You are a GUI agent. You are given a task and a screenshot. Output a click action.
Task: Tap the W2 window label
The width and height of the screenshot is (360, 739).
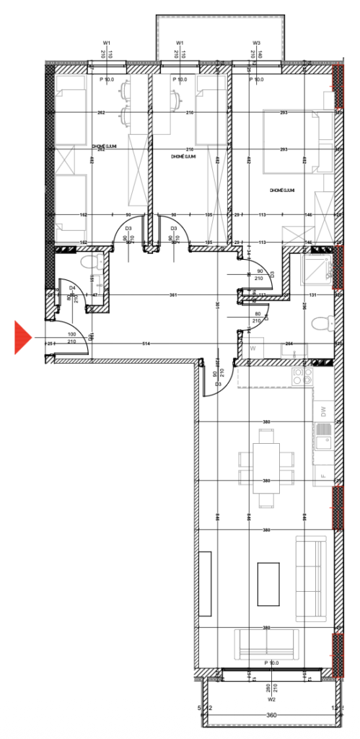(271, 699)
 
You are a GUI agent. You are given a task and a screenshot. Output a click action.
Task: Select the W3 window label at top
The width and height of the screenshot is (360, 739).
(256, 43)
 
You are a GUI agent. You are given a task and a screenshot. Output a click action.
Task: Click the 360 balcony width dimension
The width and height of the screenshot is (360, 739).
(271, 715)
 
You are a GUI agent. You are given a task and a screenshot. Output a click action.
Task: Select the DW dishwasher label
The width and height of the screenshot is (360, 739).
(323, 413)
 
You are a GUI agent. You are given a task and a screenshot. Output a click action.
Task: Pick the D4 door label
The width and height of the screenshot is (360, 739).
(72, 288)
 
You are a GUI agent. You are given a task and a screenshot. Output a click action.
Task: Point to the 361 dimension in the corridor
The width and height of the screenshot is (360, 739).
(173, 294)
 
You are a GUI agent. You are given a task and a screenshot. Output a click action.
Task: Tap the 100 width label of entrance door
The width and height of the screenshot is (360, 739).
(71, 334)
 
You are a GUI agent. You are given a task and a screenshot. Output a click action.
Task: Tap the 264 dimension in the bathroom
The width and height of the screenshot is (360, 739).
(289, 344)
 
